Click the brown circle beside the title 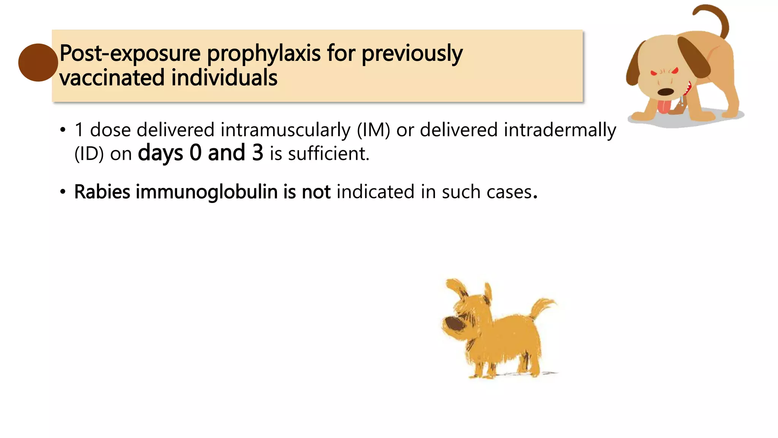[38, 62]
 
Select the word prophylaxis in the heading [264, 53]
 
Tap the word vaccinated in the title [112, 78]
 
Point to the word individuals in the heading [225, 78]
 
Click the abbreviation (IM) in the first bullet [373, 130]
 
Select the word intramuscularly [285, 130]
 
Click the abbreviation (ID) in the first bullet [89, 154]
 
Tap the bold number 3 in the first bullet [258, 153]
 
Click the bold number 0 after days [196, 153]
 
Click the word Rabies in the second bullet [102, 192]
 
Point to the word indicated [375, 192]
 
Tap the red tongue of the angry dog [664, 106]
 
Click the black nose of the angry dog [665, 92]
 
